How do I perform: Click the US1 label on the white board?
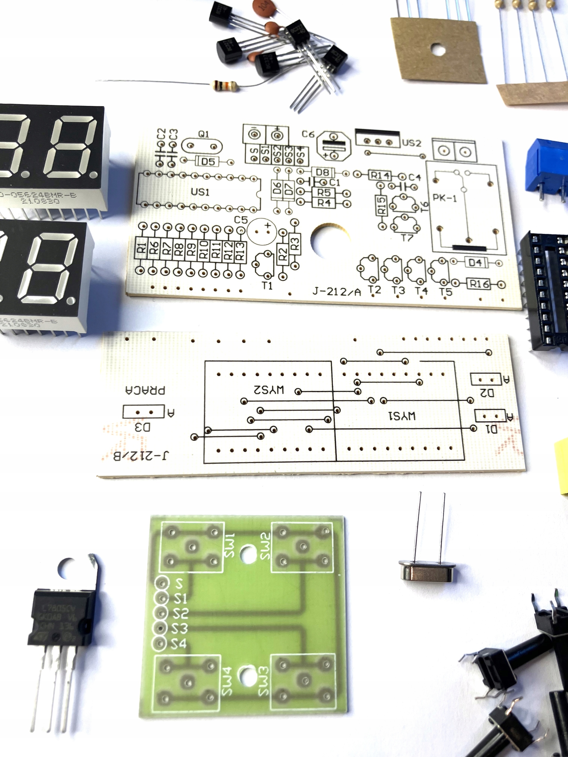200,192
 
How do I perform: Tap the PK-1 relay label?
445,198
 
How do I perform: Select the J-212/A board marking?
337,292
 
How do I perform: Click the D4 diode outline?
475,263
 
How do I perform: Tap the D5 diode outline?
207,161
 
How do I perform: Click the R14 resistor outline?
380,176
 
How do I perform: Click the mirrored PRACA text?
145,390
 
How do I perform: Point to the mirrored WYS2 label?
269,390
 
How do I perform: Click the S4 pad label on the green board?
179,644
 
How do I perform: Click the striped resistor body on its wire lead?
225,85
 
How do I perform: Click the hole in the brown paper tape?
438,50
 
